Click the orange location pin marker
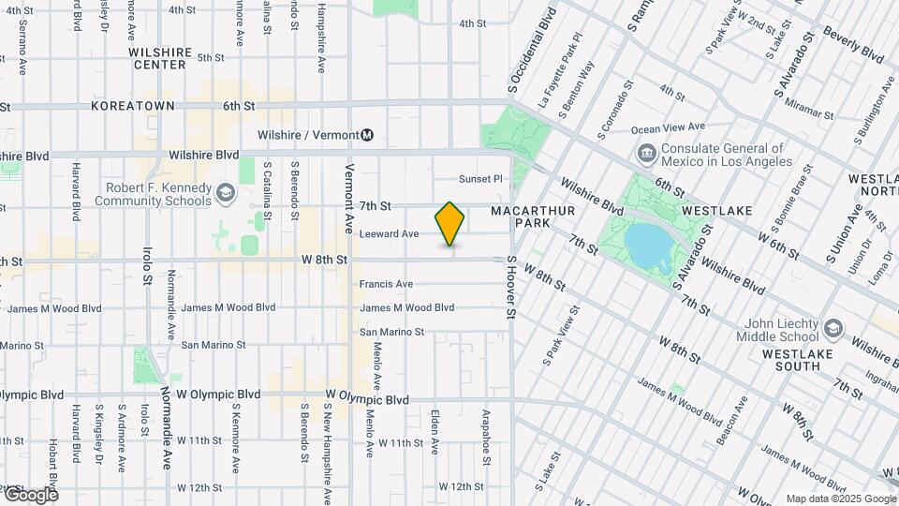click(450, 224)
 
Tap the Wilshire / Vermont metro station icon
click(368, 135)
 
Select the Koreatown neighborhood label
click(133, 107)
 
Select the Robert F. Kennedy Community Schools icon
click(225, 193)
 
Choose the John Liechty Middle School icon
click(833, 329)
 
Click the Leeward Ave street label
click(389, 233)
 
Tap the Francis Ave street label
click(386, 284)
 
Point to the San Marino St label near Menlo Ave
click(392, 332)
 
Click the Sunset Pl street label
click(480, 179)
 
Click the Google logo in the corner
click(30, 494)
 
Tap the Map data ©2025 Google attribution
click(839, 499)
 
